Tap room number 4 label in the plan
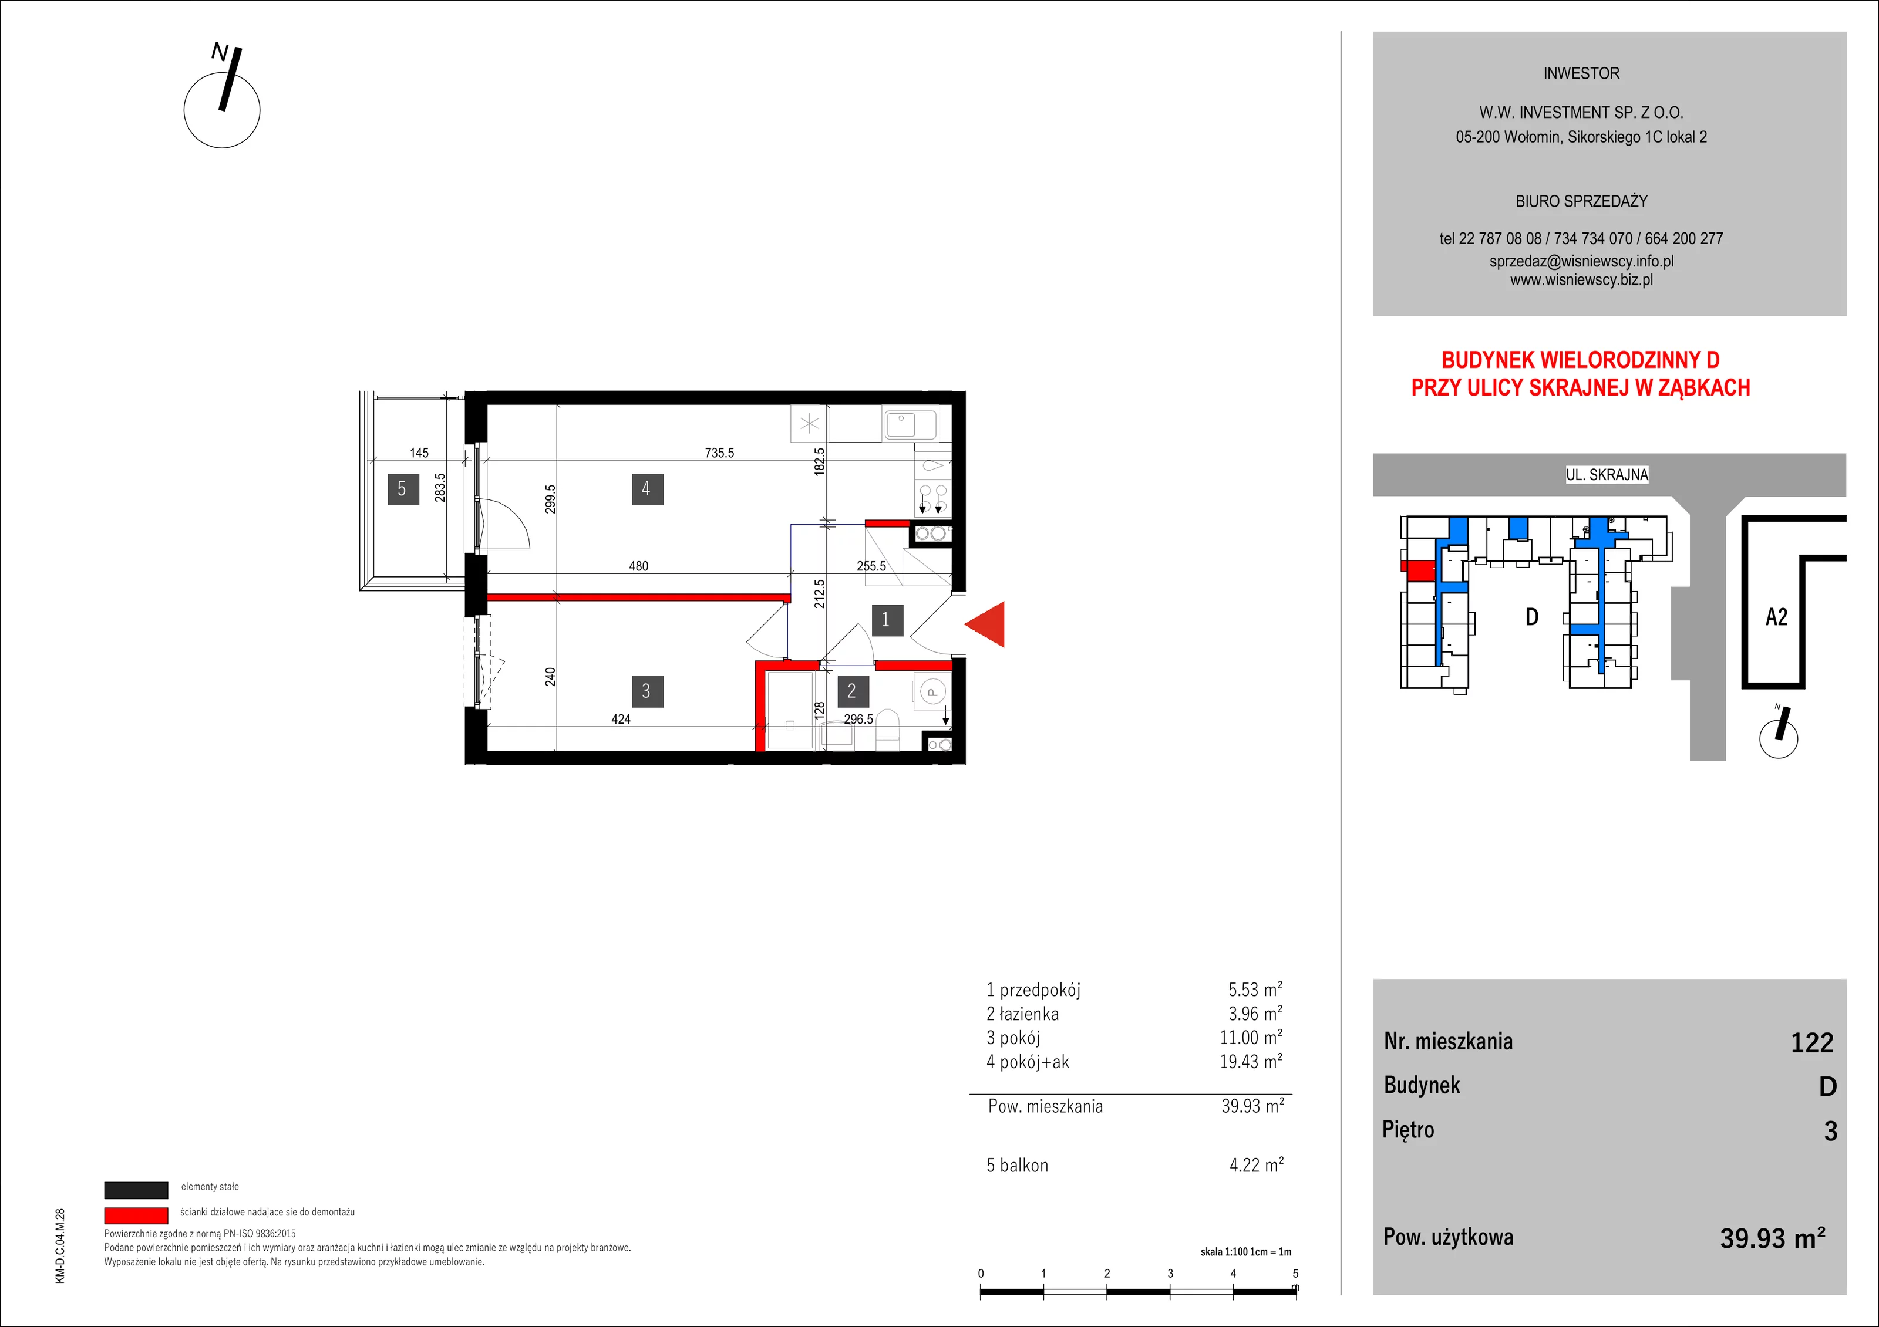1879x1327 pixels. (x=647, y=489)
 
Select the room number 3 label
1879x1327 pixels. (x=646, y=691)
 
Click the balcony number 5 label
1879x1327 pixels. (x=403, y=489)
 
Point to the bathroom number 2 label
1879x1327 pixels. (x=852, y=691)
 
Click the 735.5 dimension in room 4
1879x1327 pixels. (x=719, y=453)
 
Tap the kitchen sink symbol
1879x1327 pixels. (x=910, y=424)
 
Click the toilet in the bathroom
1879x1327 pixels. (x=888, y=731)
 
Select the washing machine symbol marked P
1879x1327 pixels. (x=931, y=692)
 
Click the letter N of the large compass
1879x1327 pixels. (x=220, y=52)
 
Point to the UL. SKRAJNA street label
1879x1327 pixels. (x=1607, y=474)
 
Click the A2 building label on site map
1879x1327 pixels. (x=1777, y=617)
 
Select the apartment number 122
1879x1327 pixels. (x=1812, y=1042)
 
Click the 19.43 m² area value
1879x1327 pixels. (x=1251, y=1061)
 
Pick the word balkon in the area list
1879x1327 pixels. (x=1024, y=1165)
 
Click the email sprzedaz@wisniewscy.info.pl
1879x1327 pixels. (x=1581, y=261)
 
